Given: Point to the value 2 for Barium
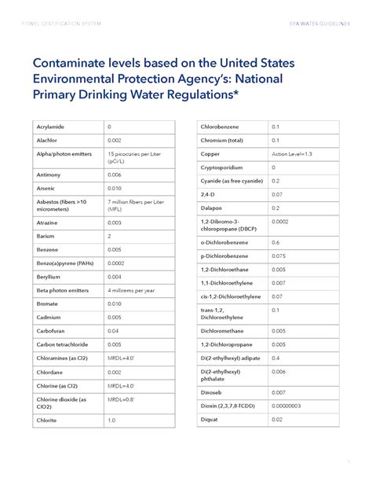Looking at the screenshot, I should coord(110,235).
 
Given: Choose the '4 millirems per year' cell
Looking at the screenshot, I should coord(132,290).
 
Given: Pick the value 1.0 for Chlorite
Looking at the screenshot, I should coord(111,421).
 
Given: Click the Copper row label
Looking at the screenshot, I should coord(210,153).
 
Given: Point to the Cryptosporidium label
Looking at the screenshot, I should coord(224,167).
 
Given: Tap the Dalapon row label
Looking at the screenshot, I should coord(213,208).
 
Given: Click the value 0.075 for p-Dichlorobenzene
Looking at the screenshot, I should coord(279,256).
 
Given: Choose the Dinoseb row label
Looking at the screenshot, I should coord(213,391).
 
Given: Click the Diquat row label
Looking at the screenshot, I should coord(210,419).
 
